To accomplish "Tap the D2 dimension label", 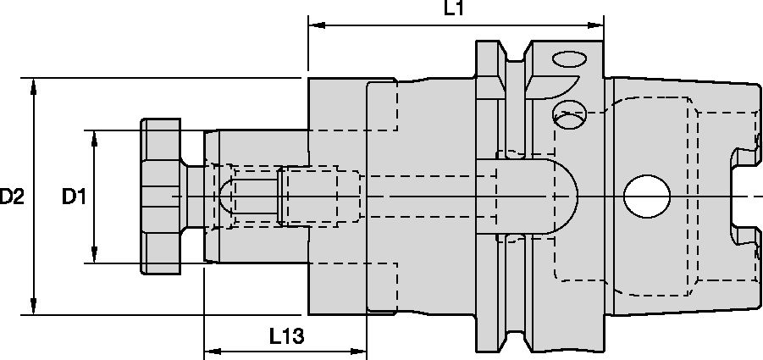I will point(12,197).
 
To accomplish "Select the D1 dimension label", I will point(74,197).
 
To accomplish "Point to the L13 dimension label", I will point(287,336).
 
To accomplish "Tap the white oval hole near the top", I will point(568,61).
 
